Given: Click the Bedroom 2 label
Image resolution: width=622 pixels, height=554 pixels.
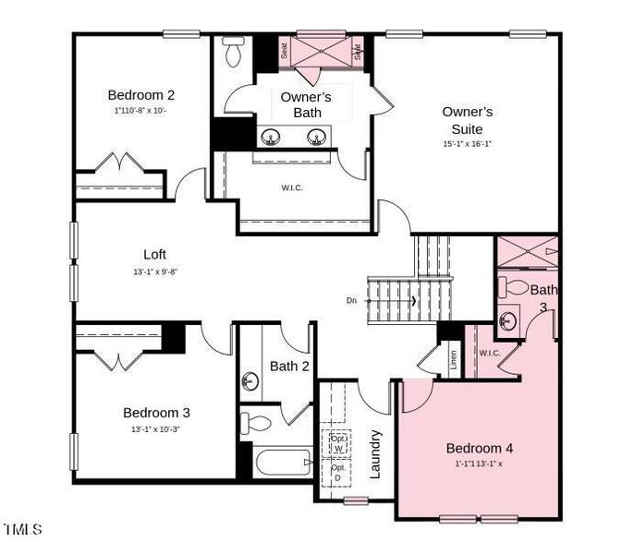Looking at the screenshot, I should pos(141,94).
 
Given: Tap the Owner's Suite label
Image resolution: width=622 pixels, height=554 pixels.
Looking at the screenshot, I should pos(467,120).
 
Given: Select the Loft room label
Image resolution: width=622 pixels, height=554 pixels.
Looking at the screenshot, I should pos(155,254).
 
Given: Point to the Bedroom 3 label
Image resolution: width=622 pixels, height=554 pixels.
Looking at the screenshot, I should pos(156,413).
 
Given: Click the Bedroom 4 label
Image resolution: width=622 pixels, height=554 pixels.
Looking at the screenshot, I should pos(480,448).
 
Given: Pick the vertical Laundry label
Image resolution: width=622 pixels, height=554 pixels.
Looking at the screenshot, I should pos(376,454).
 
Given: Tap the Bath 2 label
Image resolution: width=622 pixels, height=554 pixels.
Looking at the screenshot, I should pos(289,367).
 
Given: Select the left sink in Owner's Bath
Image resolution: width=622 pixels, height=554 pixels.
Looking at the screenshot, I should pos(271,138).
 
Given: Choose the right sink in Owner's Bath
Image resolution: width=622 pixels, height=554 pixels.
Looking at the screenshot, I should pos(317,138).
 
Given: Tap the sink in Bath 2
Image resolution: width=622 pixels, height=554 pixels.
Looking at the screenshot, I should pos(250,380).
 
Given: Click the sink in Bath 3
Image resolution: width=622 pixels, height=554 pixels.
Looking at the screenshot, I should pos(507,321).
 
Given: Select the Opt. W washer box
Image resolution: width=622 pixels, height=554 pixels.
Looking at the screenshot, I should pos(337,442).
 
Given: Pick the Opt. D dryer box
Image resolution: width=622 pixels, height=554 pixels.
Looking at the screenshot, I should pos(337,473).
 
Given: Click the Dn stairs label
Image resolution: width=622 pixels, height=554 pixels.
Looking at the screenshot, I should pos(351,300).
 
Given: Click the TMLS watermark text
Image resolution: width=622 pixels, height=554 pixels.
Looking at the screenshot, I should pos(23,529).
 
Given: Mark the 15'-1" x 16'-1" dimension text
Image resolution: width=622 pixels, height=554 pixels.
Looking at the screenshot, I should pos(467,144).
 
